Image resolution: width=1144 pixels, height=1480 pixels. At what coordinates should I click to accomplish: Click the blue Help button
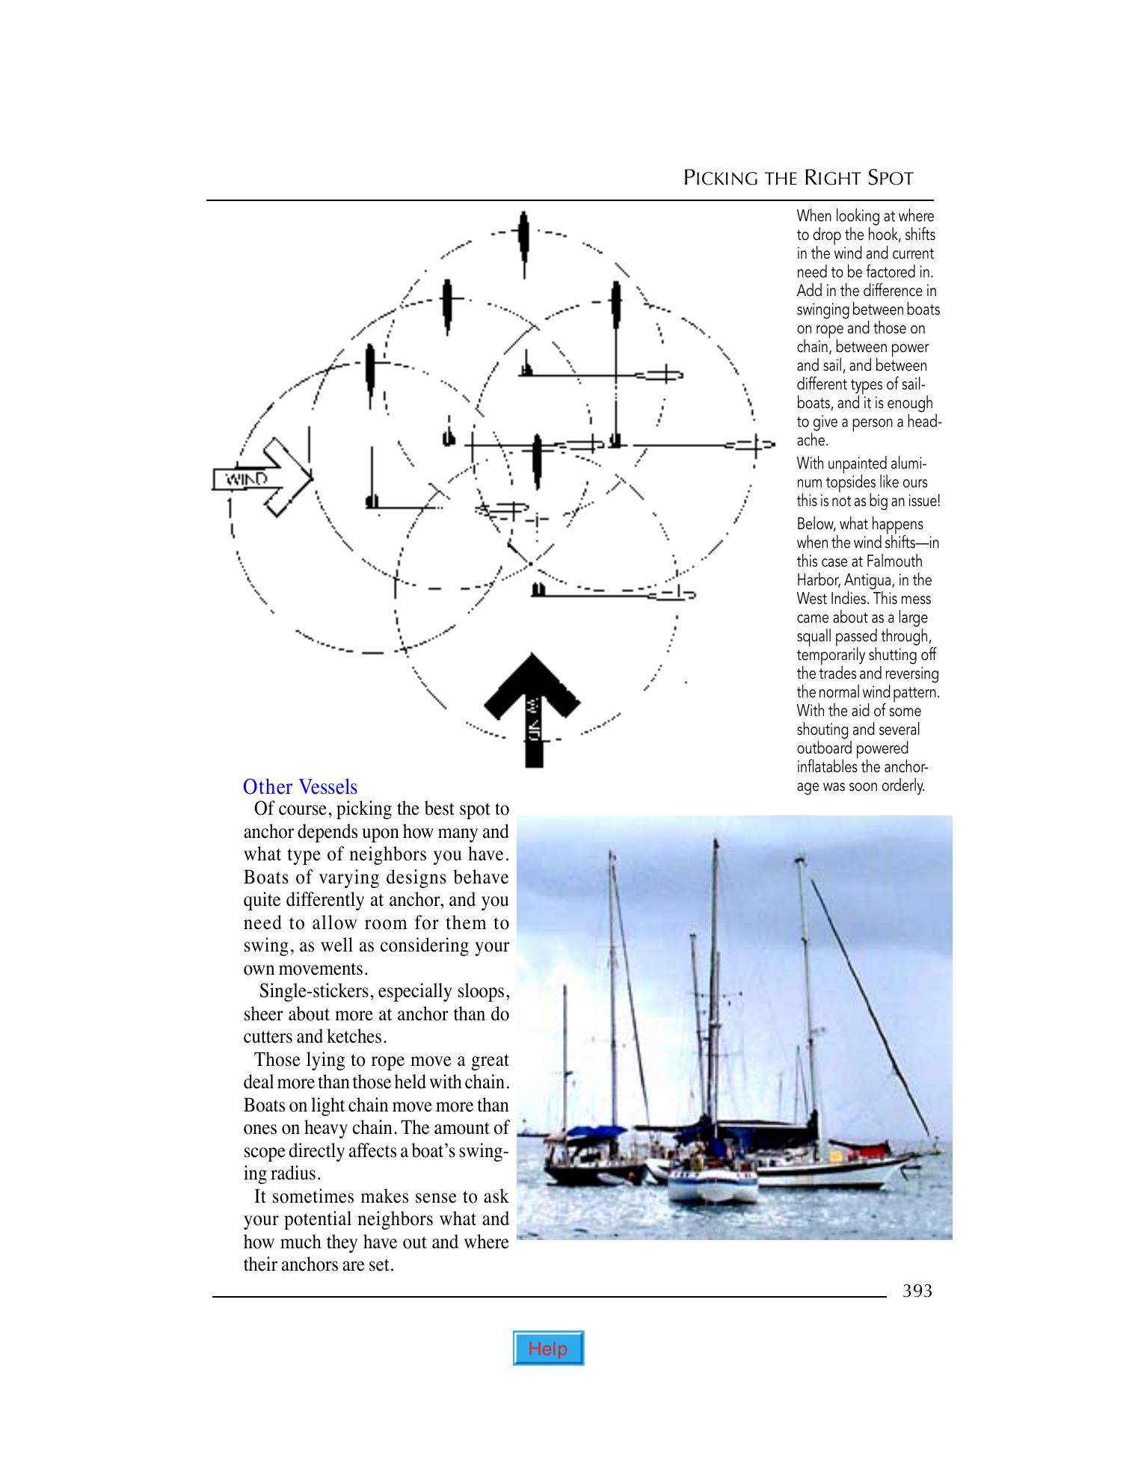pyautogui.click(x=548, y=1348)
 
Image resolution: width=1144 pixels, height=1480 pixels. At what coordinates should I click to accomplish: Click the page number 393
pyautogui.click(x=917, y=1291)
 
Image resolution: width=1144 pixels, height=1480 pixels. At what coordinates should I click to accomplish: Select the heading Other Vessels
pyautogui.click(x=300, y=786)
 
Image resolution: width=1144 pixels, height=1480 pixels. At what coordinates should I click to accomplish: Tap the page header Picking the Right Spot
pyautogui.click(x=799, y=178)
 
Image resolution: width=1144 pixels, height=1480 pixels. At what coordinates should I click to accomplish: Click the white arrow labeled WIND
pyautogui.click(x=262, y=478)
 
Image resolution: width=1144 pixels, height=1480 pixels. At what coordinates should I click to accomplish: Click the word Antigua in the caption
pyautogui.click(x=867, y=580)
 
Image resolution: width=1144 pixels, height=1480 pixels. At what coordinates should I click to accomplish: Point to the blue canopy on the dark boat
pyautogui.click(x=596, y=1131)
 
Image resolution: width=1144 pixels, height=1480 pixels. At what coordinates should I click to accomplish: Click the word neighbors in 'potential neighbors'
pyautogui.click(x=419, y=1219)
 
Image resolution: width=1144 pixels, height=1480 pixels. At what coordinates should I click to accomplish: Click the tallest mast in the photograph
pyautogui.click(x=716, y=972)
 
